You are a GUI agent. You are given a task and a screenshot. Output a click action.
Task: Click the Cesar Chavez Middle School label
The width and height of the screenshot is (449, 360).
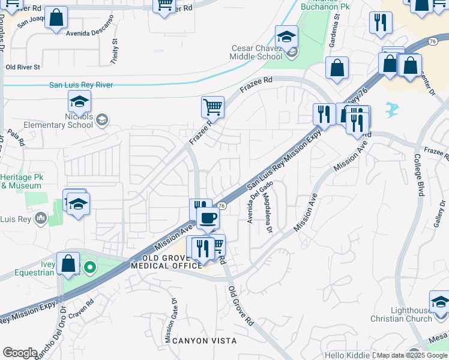coord(256,53)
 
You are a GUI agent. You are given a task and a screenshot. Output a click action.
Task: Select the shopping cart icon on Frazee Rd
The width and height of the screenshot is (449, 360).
coord(212,107)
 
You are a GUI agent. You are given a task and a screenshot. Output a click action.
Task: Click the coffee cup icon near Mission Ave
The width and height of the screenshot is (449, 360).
coord(208,217)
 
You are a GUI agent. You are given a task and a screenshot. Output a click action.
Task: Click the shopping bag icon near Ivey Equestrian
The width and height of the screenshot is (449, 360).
coord(68,262)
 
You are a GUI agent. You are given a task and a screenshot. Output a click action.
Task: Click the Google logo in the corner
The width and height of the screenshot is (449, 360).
coord(20,353)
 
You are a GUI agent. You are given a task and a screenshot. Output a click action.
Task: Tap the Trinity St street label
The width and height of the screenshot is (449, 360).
coord(113,52)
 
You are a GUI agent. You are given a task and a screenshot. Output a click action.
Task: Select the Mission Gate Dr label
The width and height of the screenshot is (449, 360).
coord(171,321)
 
